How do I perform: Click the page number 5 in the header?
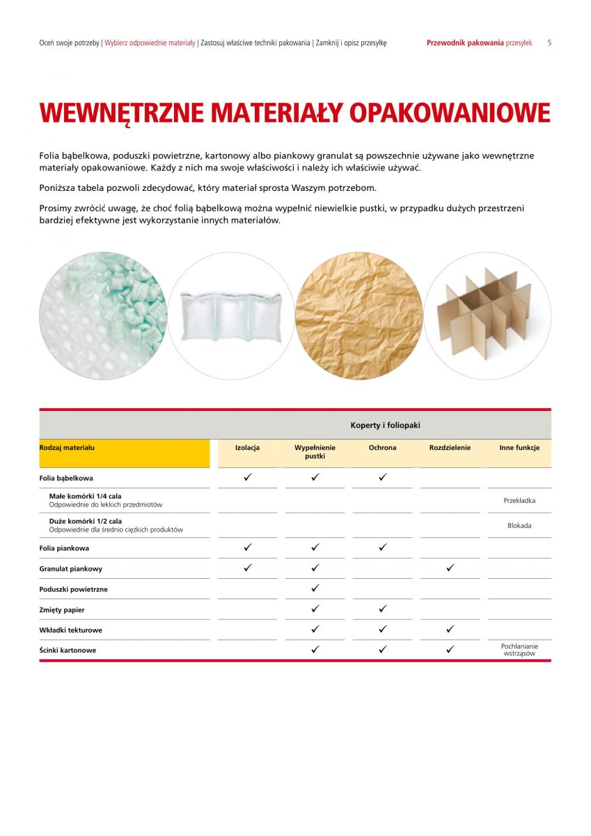point(549,42)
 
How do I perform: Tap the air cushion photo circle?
point(230,316)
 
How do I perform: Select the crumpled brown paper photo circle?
point(358,316)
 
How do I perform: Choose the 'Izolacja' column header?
point(247,448)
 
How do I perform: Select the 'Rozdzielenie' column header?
point(450,448)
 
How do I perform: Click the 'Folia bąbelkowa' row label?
point(66,479)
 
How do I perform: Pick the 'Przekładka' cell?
point(519,500)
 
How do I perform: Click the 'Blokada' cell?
point(519,525)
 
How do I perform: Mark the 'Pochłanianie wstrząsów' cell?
point(519,650)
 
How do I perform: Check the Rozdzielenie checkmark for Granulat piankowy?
point(450,568)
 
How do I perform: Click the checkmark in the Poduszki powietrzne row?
point(315,589)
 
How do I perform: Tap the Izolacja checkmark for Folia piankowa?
point(247,548)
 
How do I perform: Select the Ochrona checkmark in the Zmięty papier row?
point(382,609)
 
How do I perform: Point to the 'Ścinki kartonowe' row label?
point(68,650)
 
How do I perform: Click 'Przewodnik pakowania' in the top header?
point(464,42)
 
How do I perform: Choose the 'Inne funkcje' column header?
point(519,448)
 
